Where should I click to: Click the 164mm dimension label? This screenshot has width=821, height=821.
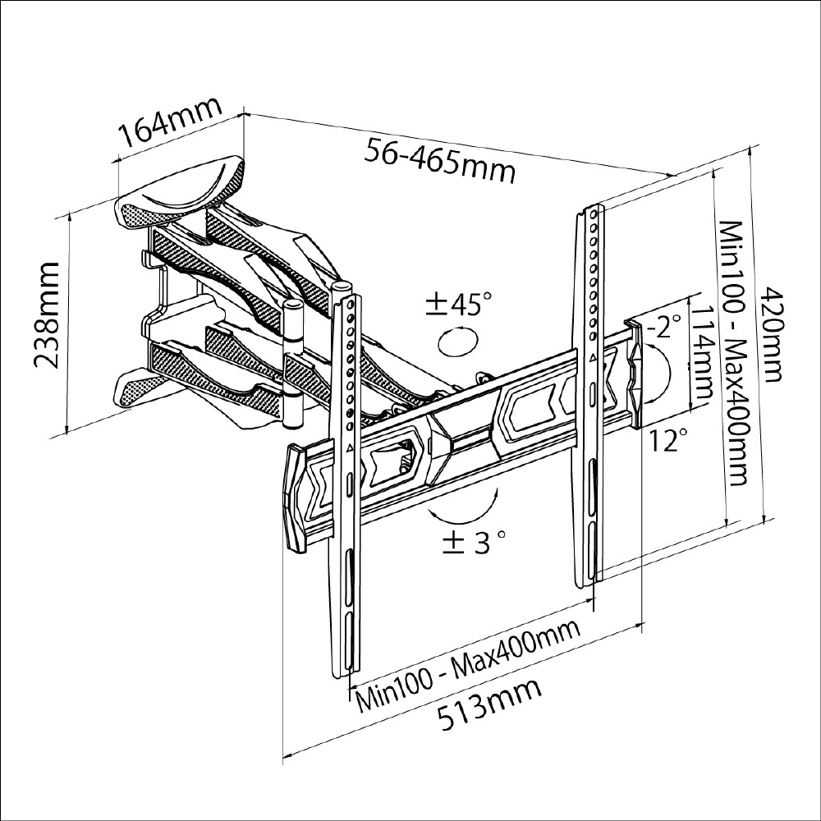click(x=169, y=123)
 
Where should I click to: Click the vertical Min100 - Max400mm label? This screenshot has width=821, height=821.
click(x=732, y=353)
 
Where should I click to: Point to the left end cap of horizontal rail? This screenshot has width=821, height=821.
click(x=293, y=497)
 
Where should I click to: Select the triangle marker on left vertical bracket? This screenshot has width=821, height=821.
click(x=351, y=448)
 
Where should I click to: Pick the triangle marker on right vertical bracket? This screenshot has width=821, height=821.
click(x=591, y=359)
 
